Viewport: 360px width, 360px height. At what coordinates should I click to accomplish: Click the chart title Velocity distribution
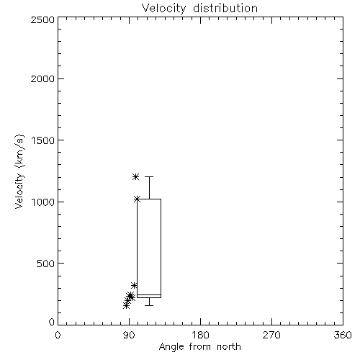pos(199,9)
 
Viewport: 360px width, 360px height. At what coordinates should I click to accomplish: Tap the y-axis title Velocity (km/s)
pos(19,171)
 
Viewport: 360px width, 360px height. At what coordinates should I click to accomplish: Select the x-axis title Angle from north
pos(199,347)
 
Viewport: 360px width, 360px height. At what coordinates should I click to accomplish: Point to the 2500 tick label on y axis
pos(42,19)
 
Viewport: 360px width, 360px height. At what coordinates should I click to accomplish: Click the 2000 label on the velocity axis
pos(42,78)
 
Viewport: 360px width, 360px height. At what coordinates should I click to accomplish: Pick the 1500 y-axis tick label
pos(43,140)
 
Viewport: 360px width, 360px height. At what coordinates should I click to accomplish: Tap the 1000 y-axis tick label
pos(43,202)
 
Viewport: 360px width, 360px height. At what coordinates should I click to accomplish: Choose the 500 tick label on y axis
pos(46,264)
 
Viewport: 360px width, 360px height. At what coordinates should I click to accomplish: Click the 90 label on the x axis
pos(129,335)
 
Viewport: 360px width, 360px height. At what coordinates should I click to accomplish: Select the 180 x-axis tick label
pos(200,335)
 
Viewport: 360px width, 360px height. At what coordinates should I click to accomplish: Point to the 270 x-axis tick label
pos(271,335)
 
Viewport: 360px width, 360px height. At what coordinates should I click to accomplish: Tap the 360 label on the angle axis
pos(343,335)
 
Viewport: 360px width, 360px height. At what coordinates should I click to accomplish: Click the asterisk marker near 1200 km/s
pos(135,177)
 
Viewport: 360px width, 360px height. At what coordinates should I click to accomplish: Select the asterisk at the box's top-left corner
pos(137,199)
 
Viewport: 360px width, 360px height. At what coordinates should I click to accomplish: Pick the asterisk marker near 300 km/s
pos(134,285)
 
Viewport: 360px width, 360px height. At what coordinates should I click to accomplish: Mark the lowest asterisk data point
pos(126,305)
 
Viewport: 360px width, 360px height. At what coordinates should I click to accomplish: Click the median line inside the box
pos(149,294)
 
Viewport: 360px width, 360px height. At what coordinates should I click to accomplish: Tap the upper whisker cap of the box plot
pos(149,177)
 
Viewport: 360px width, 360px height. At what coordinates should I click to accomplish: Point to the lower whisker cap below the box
pos(149,305)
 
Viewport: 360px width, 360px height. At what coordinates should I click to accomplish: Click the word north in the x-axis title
pos(229,347)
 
